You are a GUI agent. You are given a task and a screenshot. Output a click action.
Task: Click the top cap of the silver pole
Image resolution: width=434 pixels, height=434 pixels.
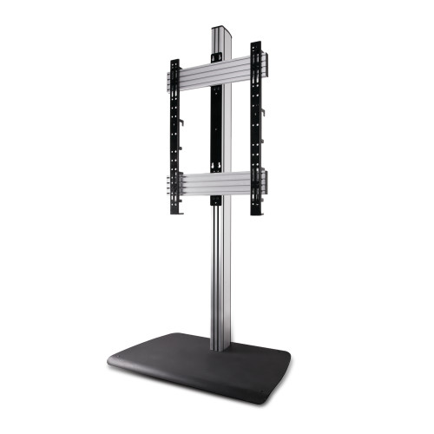click(220, 29)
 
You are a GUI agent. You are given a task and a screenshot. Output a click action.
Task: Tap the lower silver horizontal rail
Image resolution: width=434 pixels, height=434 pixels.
click(217, 184)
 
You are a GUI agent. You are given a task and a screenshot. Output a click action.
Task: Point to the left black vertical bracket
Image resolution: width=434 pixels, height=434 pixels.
click(175, 139)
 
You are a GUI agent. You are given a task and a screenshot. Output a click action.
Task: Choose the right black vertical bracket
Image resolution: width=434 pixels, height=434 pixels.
click(257, 130)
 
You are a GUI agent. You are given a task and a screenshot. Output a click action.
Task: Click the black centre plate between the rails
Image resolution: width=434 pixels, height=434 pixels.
click(216, 130)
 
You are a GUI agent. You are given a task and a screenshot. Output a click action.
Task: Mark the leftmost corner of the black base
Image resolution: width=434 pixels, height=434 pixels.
click(108, 358)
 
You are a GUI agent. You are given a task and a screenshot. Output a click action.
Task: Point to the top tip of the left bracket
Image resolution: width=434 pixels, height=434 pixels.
click(174, 61)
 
